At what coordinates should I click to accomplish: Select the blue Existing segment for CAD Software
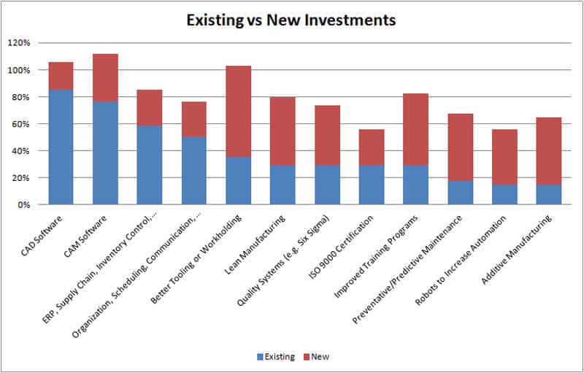click(61, 147)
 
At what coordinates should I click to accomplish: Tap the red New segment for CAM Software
click(105, 77)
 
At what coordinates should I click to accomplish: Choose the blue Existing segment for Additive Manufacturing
click(550, 194)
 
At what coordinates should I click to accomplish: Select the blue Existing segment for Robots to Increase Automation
click(505, 194)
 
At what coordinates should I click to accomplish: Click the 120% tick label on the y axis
click(20, 43)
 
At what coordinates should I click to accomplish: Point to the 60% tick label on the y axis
click(22, 124)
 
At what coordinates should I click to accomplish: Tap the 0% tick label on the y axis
click(24, 205)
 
